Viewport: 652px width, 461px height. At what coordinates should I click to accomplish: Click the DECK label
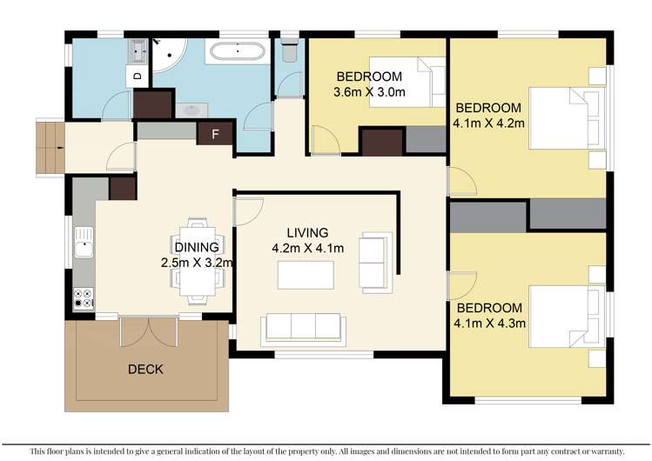[x=145, y=369]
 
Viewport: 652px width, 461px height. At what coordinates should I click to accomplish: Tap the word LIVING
[x=307, y=232]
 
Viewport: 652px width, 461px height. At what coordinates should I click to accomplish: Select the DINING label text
[x=197, y=247]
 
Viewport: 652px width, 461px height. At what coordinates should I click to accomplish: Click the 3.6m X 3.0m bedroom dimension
[x=369, y=92]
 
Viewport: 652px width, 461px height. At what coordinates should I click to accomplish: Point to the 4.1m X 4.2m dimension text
[x=488, y=123]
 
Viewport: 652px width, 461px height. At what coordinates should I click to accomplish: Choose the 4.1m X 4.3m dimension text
[x=489, y=323]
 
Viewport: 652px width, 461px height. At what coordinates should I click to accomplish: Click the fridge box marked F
[x=215, y=134]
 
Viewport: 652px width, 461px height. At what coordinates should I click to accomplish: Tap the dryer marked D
[x=138, y=76]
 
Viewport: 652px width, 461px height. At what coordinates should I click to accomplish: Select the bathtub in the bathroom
[x=237, y=51]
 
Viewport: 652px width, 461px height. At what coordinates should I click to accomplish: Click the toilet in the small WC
[x=289, y=50]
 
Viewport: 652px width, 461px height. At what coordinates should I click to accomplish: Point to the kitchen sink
[x=84, y=242]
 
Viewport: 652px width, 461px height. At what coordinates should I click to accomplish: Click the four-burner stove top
[x=84, y=298]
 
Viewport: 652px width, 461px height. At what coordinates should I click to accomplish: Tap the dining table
[x=198, y=261]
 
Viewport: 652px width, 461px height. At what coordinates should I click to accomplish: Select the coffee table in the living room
[x=306, y=275]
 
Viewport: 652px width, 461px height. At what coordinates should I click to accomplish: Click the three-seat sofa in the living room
[x=303, y=330]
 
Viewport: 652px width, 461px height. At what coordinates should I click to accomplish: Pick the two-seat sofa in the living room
[x=375, y=263]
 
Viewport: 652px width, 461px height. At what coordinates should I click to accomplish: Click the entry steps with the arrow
[x=50, y=148]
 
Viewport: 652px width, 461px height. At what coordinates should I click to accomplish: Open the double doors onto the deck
[x=149, y=331]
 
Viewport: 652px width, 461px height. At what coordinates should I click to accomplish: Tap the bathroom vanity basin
[x=192, y=110]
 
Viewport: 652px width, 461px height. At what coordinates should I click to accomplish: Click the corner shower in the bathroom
[x=168, y=55]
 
